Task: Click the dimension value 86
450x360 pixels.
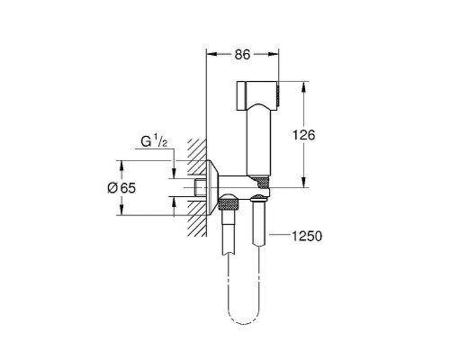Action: [242, 55]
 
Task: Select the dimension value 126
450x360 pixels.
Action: [304, 135]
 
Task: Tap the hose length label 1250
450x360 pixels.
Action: [307, 236]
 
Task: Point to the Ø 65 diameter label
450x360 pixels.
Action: [121, 188]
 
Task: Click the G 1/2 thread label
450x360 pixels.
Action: [154, 141]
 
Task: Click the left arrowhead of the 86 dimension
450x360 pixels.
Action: [211, 54]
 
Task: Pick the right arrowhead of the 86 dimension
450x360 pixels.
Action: [273, 54]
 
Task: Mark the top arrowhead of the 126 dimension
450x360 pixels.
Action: [304, 86]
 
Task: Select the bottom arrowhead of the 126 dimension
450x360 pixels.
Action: [304, 183]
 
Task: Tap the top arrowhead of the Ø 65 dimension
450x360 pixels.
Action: [121, 166]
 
